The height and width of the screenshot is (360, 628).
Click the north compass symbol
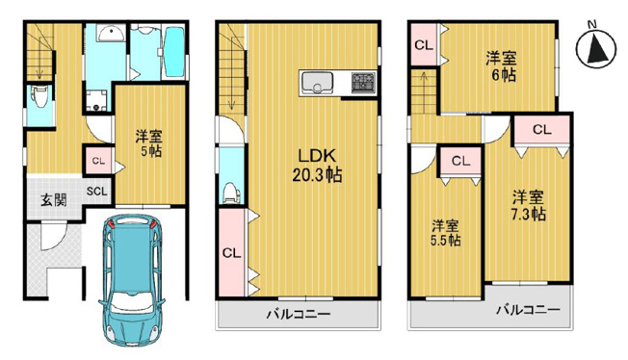(596, 46)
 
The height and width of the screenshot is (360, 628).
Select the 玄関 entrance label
(53, 200)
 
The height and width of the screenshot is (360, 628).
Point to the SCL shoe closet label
(97, 191)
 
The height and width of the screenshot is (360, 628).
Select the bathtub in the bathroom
(173, 53)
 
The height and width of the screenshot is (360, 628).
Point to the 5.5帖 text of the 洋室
(444, 240)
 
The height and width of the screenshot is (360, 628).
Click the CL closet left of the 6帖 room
(423, 44)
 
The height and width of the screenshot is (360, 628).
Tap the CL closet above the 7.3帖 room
(541, 129)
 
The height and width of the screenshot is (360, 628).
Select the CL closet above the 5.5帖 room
(459, 161)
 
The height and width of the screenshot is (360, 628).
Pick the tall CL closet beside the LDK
(230, 253)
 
